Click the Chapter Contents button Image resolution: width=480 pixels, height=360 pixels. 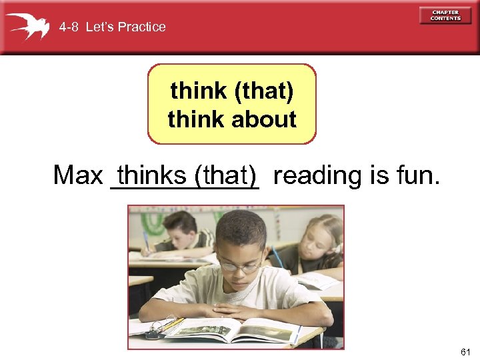pyautogui.click(x=445, y=15)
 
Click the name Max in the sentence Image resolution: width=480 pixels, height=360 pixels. pyautogui.click(x=77, y=175)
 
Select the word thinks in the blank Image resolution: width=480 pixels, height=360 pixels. pyautogui.click(x=151, y=175)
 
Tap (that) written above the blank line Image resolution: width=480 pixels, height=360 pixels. pyautogui.click(x=225, y=175)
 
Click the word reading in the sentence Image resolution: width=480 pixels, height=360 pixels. pyautogui.click(x=317, y=175)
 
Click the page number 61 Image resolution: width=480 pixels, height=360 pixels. pyautogui.click(x=465, y=351)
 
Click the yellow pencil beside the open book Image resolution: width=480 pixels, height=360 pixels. pyautogui.click(x=172, y=325)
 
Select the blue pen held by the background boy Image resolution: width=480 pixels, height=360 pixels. pyautogui.click(x=145, y=241)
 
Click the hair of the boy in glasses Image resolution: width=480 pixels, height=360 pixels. pyautogui.click(x=241, y=227)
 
